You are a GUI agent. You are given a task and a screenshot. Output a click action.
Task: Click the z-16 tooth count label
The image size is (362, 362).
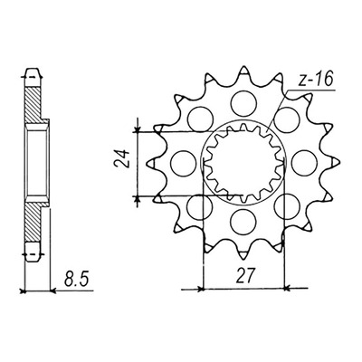click(x=315, y=80)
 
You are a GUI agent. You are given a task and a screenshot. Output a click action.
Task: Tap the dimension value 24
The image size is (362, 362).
click(x=122, y=158)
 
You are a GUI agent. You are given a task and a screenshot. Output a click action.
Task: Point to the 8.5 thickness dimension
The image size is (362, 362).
click(x=77, y=280)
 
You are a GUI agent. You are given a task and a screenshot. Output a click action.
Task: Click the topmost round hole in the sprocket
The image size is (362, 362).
click(x=243, y=103)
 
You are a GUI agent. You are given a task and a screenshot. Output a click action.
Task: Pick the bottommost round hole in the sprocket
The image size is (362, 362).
click(x=243, y=222)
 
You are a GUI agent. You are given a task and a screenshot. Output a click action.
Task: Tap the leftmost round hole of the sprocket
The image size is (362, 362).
click(x=183, y=163)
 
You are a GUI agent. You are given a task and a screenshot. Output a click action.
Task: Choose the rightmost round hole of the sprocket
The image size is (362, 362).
click(x=305, y=162)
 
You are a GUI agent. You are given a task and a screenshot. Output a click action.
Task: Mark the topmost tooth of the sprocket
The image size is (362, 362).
click(x=243, y=71)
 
